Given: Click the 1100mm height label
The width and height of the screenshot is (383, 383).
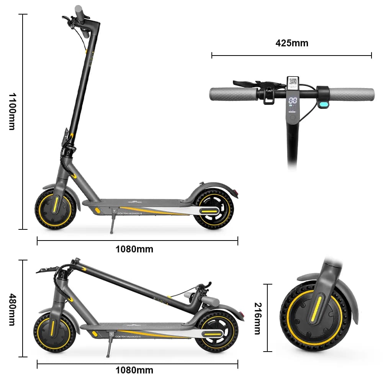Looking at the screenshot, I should click(11, 111).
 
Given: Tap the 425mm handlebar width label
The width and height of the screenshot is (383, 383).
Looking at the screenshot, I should click(292, 43).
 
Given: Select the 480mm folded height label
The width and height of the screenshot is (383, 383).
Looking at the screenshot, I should click(11, 309).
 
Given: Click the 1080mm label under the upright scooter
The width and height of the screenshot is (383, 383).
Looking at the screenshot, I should click(134, 249).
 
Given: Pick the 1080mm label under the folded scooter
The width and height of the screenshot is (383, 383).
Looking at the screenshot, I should click(134, 370).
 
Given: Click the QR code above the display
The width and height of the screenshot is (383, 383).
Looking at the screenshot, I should click(293, 81).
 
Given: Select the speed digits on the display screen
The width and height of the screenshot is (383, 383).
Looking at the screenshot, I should click(293, 101).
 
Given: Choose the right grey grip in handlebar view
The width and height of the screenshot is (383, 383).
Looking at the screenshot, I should click(352, 94).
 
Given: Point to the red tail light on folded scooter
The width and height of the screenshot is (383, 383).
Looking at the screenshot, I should click(241, 315).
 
